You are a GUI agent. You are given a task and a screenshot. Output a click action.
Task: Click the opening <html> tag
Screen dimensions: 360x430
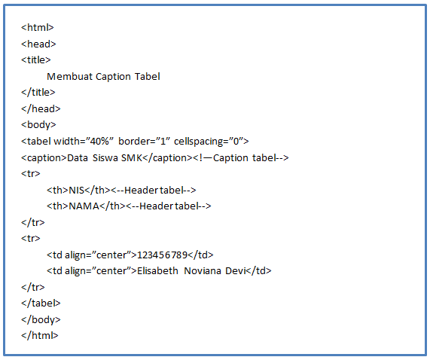click(37, 28)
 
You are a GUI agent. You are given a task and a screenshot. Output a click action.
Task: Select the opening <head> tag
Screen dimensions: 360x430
click(38, 44)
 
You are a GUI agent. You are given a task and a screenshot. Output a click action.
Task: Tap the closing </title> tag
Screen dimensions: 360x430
click(38, 93)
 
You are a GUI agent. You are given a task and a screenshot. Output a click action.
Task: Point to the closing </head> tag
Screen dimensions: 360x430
click(41, 108)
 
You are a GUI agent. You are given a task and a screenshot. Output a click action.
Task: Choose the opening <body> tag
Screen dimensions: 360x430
click(38, 125)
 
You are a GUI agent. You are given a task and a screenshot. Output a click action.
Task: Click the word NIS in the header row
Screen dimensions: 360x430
click(77, 190)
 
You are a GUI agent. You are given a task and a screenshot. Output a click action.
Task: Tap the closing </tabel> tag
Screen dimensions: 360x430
click(41, 303)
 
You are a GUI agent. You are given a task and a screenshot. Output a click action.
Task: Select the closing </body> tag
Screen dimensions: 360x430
click(41, 319)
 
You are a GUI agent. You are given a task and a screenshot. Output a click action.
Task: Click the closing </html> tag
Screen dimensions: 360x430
click(39, 335)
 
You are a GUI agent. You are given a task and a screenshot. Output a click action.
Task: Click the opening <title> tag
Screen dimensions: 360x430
click(36, 60)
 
